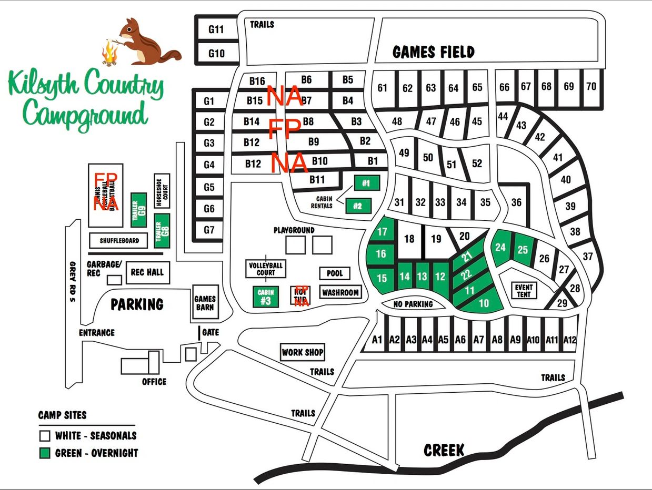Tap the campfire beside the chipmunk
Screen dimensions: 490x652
tap(109, 54)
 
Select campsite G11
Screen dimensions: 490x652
tap(216, 29)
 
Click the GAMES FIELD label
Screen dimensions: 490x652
tap(433, 52)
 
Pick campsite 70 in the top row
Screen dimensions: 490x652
tap(591, 86)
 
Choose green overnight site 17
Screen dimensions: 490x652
tap(383, 232)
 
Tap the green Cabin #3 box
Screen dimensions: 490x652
tap(265, 297)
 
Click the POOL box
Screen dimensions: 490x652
tap(335, 273)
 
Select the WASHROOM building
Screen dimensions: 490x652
tap(340, 292)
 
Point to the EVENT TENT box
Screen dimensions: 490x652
tap(524, 290)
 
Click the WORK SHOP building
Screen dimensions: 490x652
tap(303, 352)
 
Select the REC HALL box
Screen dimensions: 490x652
tap(147, 272)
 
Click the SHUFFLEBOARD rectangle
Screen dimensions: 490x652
tap(119, 240)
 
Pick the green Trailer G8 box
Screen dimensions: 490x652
tap(162, 230)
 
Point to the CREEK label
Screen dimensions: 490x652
tap(444, 450)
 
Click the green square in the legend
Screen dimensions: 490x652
tap(45, 453)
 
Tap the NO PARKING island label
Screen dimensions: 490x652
tap(414, 304)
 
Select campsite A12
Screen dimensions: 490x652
tap(570, 340)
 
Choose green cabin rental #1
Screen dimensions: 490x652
tap(366, 183)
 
